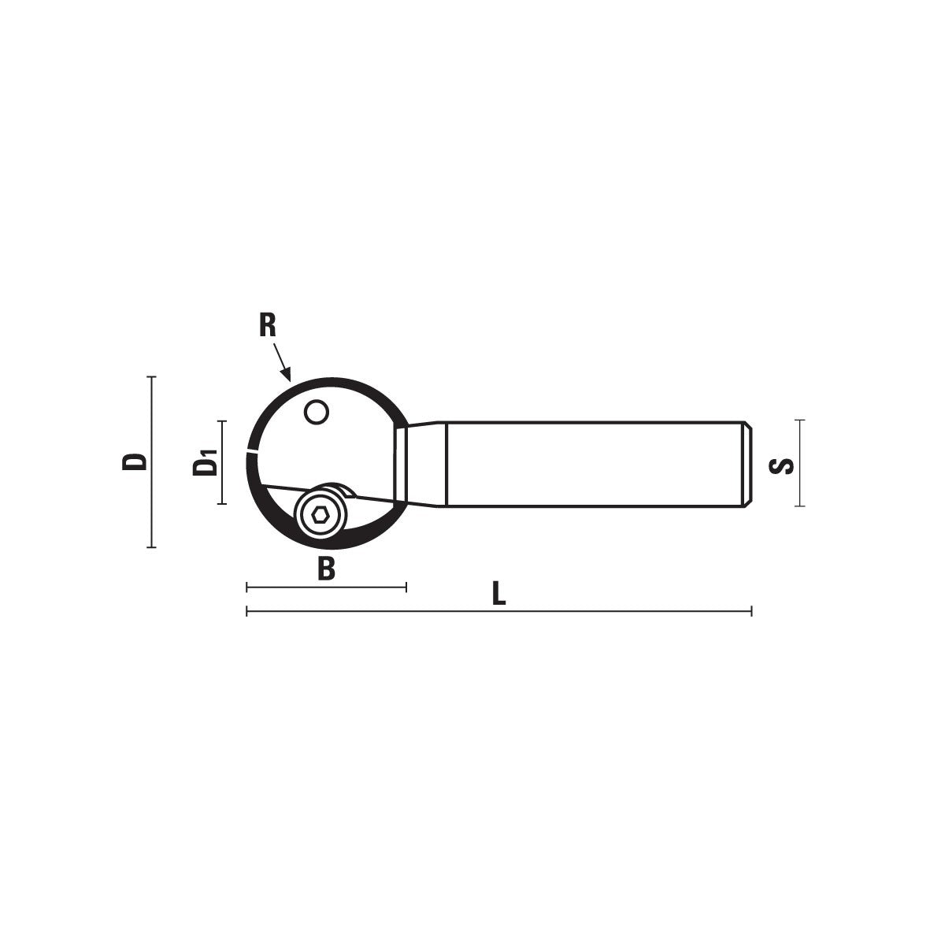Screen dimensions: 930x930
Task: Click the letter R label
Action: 268,326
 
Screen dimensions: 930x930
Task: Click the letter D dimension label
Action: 134,461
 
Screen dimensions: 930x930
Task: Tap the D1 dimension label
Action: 206,462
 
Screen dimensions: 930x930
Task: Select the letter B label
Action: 326,569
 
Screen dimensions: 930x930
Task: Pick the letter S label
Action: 781,467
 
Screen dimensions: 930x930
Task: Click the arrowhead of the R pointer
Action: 287,374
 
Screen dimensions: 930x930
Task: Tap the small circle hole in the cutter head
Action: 316,412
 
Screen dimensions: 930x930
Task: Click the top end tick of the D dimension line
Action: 151,376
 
